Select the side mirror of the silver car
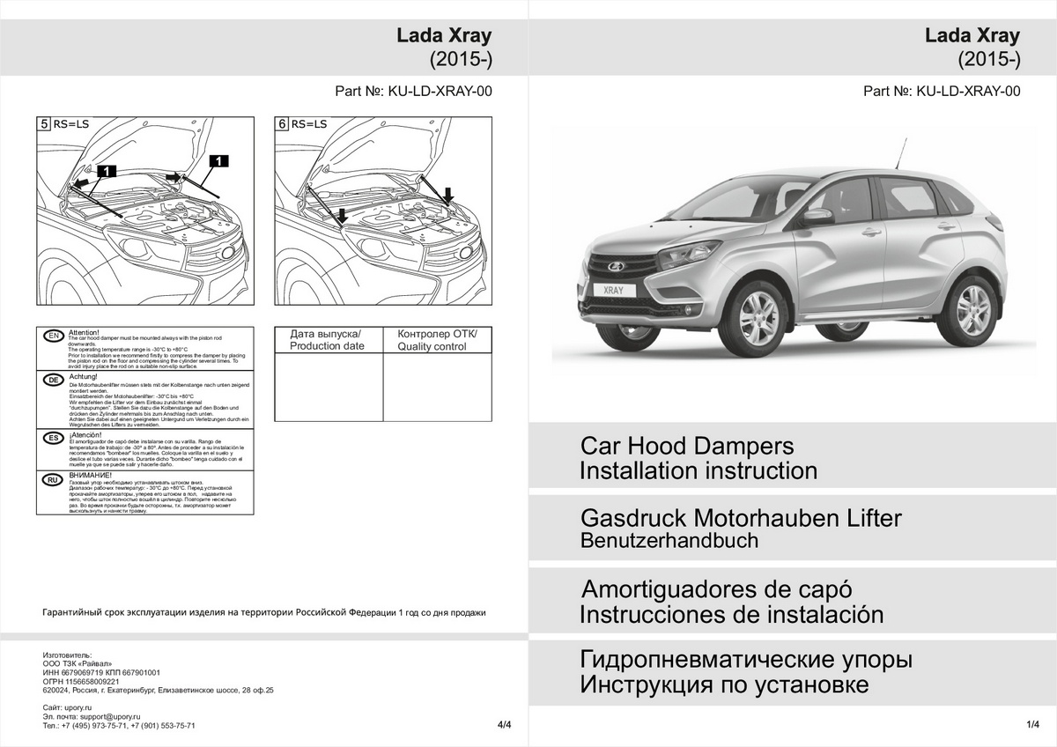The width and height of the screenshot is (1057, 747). click(x=817, y=215)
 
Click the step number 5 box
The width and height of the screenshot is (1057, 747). click(x=44, y=125)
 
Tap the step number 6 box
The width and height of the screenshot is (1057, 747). click(x=282, y=125)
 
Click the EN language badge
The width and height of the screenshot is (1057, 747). click(x=53, y=337)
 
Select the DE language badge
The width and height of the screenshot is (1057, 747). click(x=53, y=379)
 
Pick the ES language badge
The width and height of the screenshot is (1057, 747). click(x=53, y=437)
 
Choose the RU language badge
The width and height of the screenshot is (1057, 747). click(x=53, y=479)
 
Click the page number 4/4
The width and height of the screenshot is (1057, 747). click(x=504, y=725)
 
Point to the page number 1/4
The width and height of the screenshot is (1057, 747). click(x=1033, y=724)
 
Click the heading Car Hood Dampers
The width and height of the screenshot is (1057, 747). click(x=686, y=446)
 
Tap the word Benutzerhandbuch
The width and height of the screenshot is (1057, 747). click(x=669, y=541)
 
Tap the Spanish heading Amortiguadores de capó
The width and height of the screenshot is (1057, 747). click(x=717, y=588)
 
